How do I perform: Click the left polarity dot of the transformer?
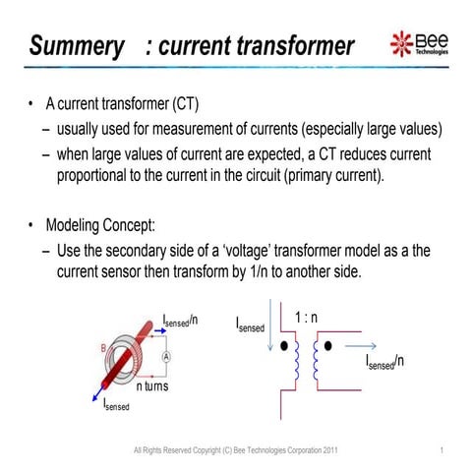tap(285, 347)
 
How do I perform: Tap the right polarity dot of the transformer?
tap(327, 347)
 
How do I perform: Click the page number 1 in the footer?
tap(444, 451)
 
